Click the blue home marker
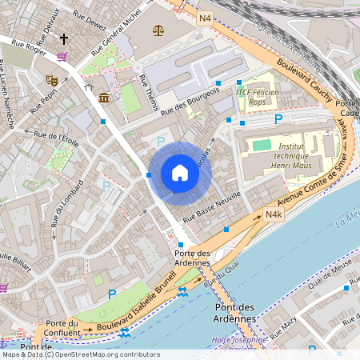tap(179, 173)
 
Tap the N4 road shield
tap(206, 18)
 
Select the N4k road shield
tap(274, 215)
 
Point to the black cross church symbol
tap(64, 38)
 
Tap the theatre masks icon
tap(52, 80)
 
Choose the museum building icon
tap(105, 98)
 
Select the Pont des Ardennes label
tap(236, 312)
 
